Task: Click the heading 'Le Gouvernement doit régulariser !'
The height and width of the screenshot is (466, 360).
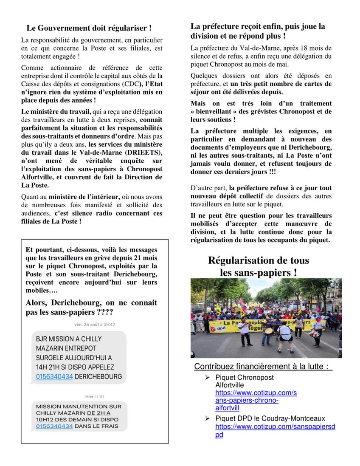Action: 89,28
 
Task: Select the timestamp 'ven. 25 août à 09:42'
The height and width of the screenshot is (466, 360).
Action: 95,325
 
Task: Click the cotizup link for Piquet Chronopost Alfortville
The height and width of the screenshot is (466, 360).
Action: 256,400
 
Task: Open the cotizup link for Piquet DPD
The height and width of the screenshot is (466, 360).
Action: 275,430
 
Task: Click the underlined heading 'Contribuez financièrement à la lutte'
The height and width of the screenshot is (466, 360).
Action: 263,367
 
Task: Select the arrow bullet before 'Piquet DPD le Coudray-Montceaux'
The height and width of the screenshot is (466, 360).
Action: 208,418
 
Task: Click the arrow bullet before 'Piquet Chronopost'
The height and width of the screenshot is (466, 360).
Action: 208,378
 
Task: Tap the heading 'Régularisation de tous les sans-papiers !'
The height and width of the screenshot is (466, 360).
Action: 259,266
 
